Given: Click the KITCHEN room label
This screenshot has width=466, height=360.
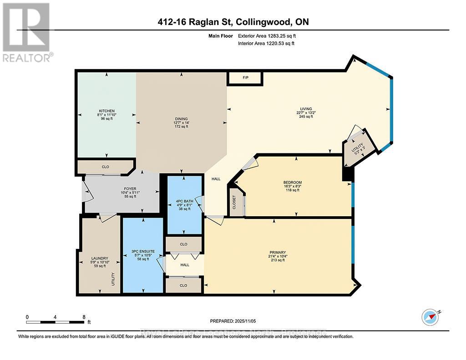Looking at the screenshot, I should (106, 111).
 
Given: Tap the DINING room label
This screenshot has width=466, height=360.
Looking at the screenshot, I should (181, 119).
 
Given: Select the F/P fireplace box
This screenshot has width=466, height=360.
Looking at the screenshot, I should (245, 78).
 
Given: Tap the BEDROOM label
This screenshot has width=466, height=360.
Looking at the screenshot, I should (292, 183).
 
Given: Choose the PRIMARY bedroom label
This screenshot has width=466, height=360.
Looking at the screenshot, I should (277, 252).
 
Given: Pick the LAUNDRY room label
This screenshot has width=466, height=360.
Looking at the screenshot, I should (100, 259).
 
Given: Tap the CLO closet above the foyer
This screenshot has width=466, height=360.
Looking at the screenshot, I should (105, 167).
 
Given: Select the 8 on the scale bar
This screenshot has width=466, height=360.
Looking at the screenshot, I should (83, 317).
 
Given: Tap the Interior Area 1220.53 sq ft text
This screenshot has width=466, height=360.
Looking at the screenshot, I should (266, 44).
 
